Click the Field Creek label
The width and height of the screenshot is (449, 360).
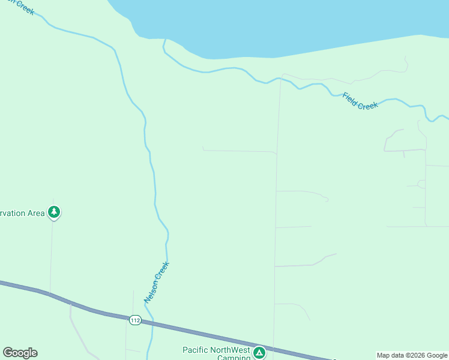(360, 101)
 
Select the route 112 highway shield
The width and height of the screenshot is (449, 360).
(135, 320)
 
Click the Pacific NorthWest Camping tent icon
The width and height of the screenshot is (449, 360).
(259, 352)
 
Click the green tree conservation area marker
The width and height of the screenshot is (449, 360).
(54, 212)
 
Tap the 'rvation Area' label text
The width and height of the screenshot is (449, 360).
(22, 213)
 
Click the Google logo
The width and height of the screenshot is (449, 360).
(20, 353)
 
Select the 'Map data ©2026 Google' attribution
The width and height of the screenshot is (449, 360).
(412, 355)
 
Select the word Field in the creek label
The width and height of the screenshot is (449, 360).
(351, 97)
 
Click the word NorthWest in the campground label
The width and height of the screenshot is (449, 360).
(231, 350)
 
